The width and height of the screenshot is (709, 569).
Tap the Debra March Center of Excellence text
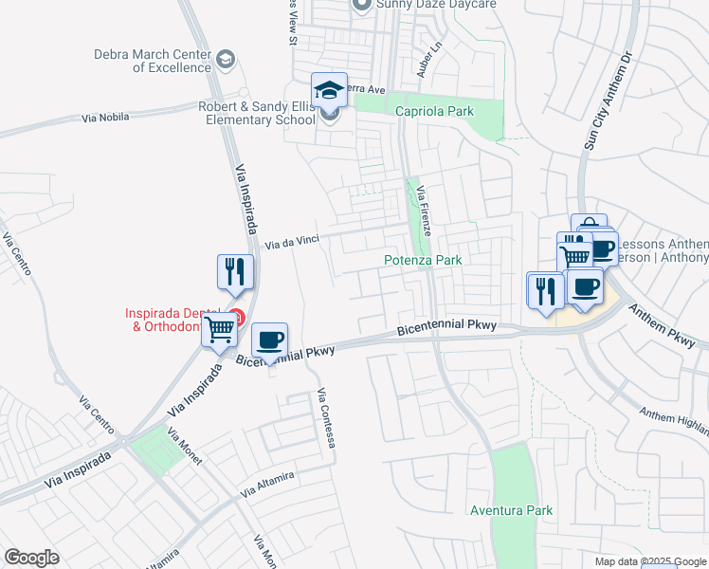pos(152,61)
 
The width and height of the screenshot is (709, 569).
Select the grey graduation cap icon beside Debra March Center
pos(225,61)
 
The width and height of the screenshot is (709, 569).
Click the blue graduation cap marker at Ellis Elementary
pos(329,90)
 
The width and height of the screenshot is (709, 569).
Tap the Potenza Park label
pos(422,260)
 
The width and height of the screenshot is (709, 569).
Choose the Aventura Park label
pos(511,510)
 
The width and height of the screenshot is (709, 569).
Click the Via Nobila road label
pos(106,118)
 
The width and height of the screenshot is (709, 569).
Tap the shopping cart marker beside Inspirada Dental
pos(219,331)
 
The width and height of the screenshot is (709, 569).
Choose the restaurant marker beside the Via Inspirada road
pos(234,271)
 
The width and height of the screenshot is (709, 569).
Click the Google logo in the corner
pos(31,558)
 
